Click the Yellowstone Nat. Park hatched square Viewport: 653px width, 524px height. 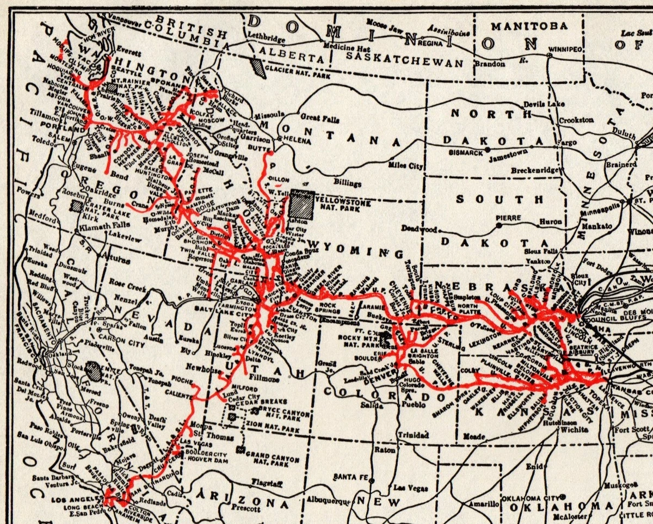301,205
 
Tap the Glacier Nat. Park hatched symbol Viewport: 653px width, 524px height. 256,67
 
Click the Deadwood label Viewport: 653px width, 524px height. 419,230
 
